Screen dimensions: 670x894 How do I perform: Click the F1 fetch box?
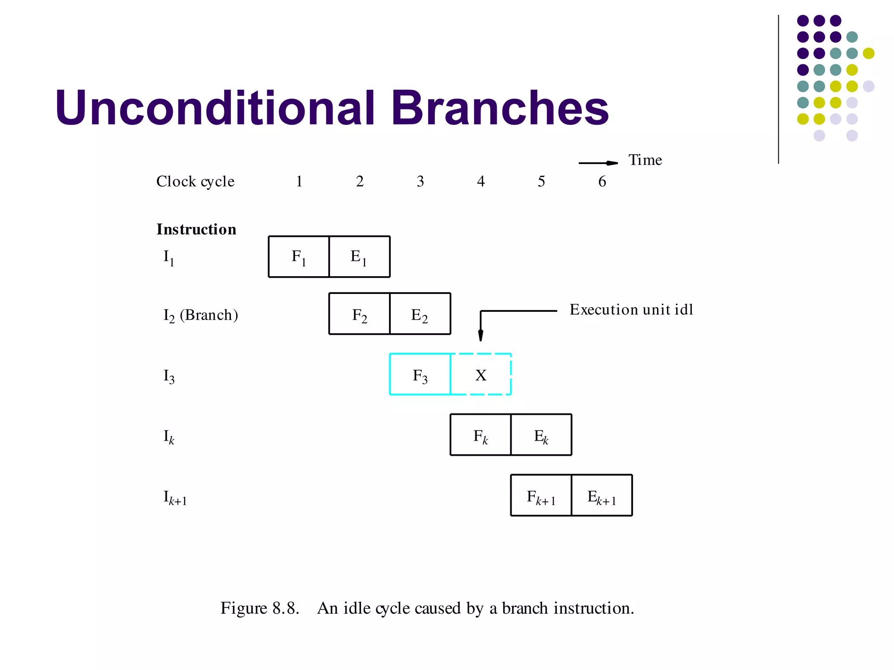pyautogui.click(x=299, y=257)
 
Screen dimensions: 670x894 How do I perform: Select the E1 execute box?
pyautogui.click(x=359, y=257)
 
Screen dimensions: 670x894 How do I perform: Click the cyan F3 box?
pyautogui.click(x=420, y=374)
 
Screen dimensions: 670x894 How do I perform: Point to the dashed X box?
pyautogui.click(x=481, y=374)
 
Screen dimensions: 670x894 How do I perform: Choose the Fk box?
pyautogui.click(x=481, y=435)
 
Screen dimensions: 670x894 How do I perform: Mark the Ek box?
pyautogui.click(x=541, y=435)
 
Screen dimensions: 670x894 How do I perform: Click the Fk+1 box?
pyautogui.click(x=541, y=496)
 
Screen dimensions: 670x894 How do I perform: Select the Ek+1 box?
pyautogui.click(x=602, y=496)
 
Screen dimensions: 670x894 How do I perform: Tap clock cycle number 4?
pyautogui.click(x=481, y=181)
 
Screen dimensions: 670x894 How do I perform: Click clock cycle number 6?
pyautogui.click(x=602, y=181)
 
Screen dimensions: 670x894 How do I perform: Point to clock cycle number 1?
pyautogui.click(x=299, y=181)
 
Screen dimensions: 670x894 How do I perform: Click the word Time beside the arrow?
pyautogui.click(x=645, y=160)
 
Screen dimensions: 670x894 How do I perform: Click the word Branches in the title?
pyautogui.click(x=499, y=108)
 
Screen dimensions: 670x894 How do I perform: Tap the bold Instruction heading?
pyautogui.click(x=196, y=229)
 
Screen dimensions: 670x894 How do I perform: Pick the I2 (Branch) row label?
pyautogui.click(x=201, y=315)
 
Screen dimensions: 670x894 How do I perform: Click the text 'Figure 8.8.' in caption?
pyautogui.click(x=260, y=608)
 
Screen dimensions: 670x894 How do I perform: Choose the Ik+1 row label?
pyautogui.click(x=175, y=497)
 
